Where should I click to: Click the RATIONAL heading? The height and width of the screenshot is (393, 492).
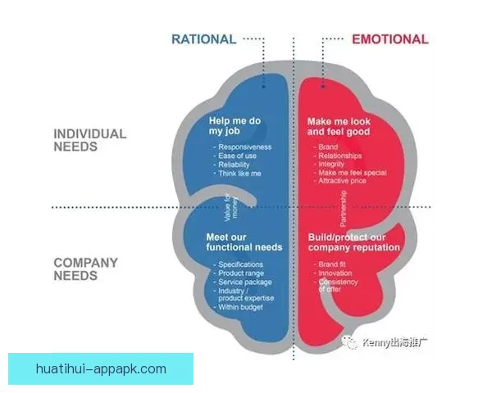pyautogui.click(x=203, y=38)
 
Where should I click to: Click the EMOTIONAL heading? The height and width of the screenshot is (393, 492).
pyautogui.click(x=389, y=38)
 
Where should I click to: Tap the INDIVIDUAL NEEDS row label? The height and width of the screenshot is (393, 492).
pyautogui.click(x=90, y=140)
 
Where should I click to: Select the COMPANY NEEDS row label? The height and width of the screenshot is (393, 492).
pyautogui.click(x=86, y=269)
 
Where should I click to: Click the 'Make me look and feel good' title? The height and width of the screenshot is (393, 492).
pyautogui.click(x=339, y=126)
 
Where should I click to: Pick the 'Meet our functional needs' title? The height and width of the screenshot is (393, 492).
pyautogui.click(x=244, y=242)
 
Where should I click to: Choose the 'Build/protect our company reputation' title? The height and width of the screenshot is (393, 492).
pyautogui.click(x=353, y=242)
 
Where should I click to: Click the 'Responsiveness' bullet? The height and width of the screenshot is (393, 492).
pyautogui.click(x=245, y=147)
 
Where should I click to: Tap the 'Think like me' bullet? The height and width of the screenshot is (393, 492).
pyautogui.click(x=241, y=174)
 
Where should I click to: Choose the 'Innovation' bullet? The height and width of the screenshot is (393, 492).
pyautogui.click(x=334, y=273)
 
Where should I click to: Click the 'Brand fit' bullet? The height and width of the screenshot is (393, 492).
pyautogui.click(x=332, y=264)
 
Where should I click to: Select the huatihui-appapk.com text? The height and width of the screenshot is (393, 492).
pyautogui.click(x=101, y=368)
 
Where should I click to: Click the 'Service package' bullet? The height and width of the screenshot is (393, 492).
pyautogui.click(x=245, y=282)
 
